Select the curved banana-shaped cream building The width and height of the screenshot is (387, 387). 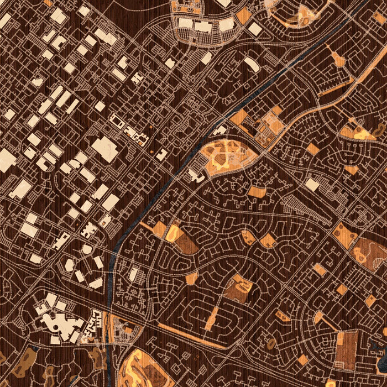pos(252,64)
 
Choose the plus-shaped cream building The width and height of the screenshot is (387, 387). pos(88,230)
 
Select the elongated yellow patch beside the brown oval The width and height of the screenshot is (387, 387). pos(172,232)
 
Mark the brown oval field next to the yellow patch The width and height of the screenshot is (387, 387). pos(187,242)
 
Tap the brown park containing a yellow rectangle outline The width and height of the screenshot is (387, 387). pos(239,287)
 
